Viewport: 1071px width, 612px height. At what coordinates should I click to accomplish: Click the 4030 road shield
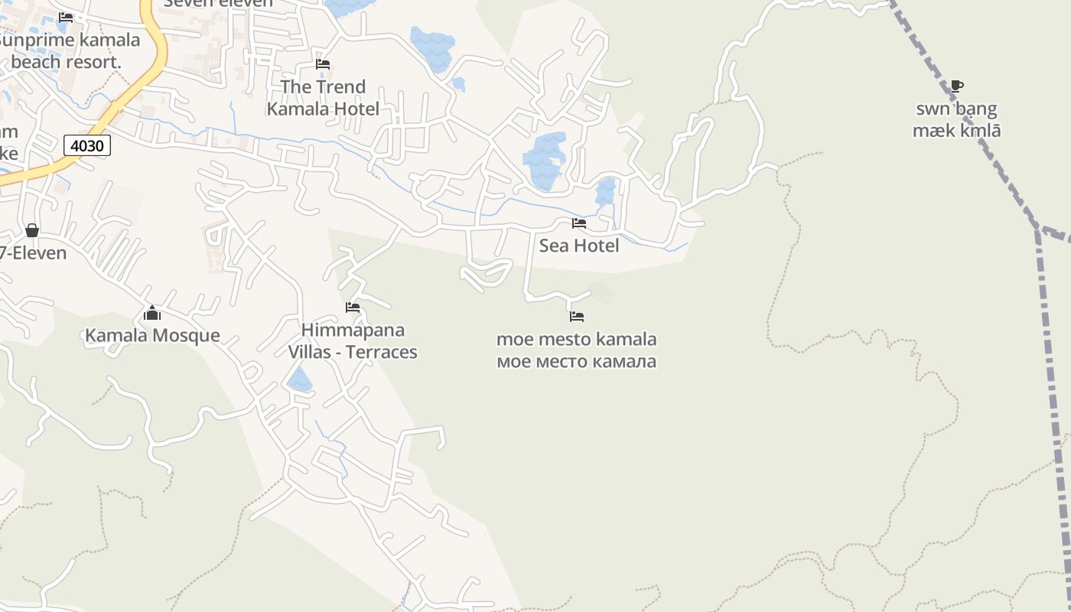86,145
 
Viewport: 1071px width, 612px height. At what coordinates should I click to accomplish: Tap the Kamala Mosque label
152,335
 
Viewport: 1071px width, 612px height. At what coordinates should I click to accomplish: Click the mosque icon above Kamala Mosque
152,313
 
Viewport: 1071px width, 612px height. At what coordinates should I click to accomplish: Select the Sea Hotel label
579,246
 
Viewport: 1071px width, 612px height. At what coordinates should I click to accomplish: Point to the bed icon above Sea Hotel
579,223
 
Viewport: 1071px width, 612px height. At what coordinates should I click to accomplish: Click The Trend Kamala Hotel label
323,98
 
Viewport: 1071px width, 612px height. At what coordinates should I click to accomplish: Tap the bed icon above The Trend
323,64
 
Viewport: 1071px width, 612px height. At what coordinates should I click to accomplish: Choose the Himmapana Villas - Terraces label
353,341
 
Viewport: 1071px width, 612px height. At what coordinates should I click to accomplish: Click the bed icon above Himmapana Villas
353,308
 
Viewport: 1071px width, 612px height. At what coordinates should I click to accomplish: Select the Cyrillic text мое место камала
577,361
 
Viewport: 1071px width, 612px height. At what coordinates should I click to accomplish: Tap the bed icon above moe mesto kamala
577,316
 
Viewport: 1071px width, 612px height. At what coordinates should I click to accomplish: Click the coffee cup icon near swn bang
956,86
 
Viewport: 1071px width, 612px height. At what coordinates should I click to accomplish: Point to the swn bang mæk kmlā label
956,119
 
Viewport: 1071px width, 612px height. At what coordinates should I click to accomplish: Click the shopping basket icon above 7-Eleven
32,230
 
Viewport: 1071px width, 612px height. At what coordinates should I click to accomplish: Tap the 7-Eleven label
34,252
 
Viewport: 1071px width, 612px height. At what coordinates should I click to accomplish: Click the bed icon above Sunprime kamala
66,18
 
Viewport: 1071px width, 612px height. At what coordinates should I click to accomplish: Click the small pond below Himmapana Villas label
299,379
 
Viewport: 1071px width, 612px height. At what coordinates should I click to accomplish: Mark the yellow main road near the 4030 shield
122,103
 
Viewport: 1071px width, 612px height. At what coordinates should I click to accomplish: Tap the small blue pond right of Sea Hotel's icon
606,191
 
